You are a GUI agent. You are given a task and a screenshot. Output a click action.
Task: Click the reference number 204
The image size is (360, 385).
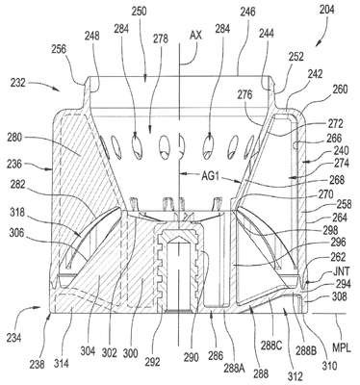[326, 10]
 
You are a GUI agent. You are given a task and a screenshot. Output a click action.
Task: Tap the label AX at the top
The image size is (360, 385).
[196, 35]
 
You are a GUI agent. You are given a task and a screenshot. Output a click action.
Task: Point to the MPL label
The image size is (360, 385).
[341, 348]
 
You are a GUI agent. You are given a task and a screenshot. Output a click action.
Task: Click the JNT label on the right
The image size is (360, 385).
[340, 272]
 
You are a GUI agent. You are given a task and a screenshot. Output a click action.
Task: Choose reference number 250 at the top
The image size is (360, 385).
[139, 12]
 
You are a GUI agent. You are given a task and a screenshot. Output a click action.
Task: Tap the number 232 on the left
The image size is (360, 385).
[17, 84]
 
